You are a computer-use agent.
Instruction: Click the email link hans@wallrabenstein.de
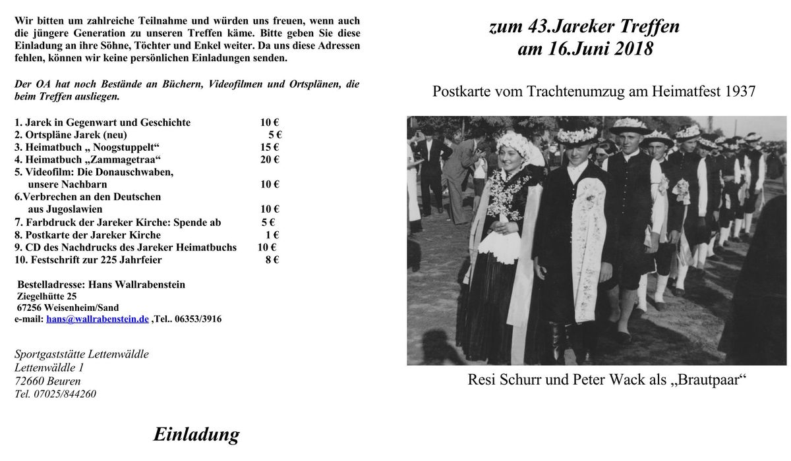coord(98,319)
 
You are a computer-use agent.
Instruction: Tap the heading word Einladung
coord(196,435)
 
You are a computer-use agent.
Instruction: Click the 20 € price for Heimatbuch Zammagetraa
coord(270,159)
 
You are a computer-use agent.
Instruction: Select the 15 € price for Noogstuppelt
coord(270,147)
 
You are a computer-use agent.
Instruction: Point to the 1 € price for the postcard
coord(272,235)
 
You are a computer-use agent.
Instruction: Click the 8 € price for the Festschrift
coord(272,260)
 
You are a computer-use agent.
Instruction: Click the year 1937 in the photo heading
coord(739,92)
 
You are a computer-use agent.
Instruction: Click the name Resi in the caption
coord(483,380)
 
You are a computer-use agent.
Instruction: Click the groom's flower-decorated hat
coord(577,134)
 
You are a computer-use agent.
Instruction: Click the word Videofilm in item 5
coord(47,172)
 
